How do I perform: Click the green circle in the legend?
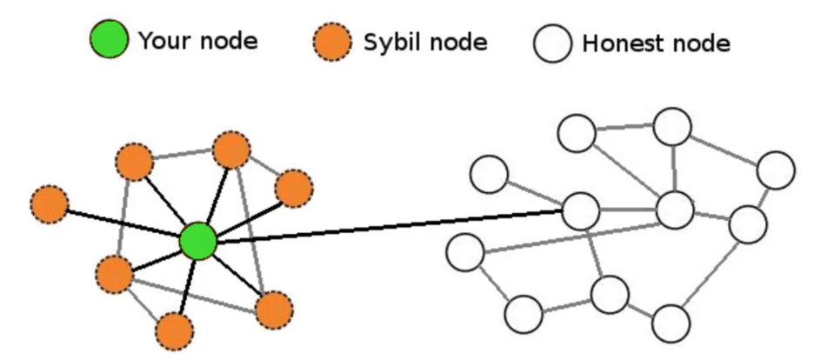coord(109,39)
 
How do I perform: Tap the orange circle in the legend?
coord(332,42)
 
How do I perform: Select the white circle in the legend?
coord(553,43)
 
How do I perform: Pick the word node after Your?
coord(229,41)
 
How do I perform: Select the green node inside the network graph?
coord(197,241)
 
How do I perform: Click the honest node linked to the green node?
coord(581,211)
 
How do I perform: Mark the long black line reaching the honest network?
coord(390,226)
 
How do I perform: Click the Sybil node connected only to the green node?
coord(50,205)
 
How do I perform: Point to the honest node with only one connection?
coord(489,174)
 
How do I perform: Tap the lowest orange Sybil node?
coord(175,331)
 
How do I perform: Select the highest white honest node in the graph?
coord(672,127)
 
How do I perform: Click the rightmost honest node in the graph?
coord(776,170)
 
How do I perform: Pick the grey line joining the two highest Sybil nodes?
coord(183,155)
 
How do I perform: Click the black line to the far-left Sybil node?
coord(123,223)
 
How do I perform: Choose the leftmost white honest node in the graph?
coord(465,252)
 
